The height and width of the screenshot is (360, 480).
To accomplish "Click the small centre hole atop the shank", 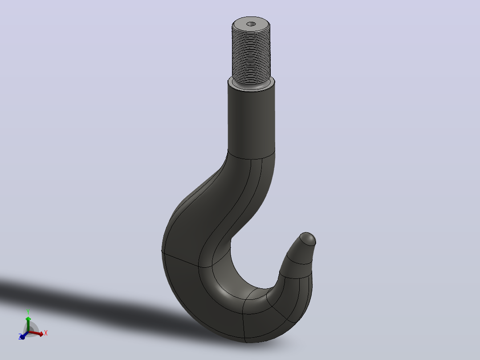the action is (x=251, y=24).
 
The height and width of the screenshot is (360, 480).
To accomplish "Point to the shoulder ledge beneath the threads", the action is (x=251, y=87).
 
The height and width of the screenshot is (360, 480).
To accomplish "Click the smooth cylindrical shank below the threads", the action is (x=251, y=121).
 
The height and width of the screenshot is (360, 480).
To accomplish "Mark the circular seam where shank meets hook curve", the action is (x=251, y=156).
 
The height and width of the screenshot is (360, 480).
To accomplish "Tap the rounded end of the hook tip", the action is (x=308, y=238).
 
